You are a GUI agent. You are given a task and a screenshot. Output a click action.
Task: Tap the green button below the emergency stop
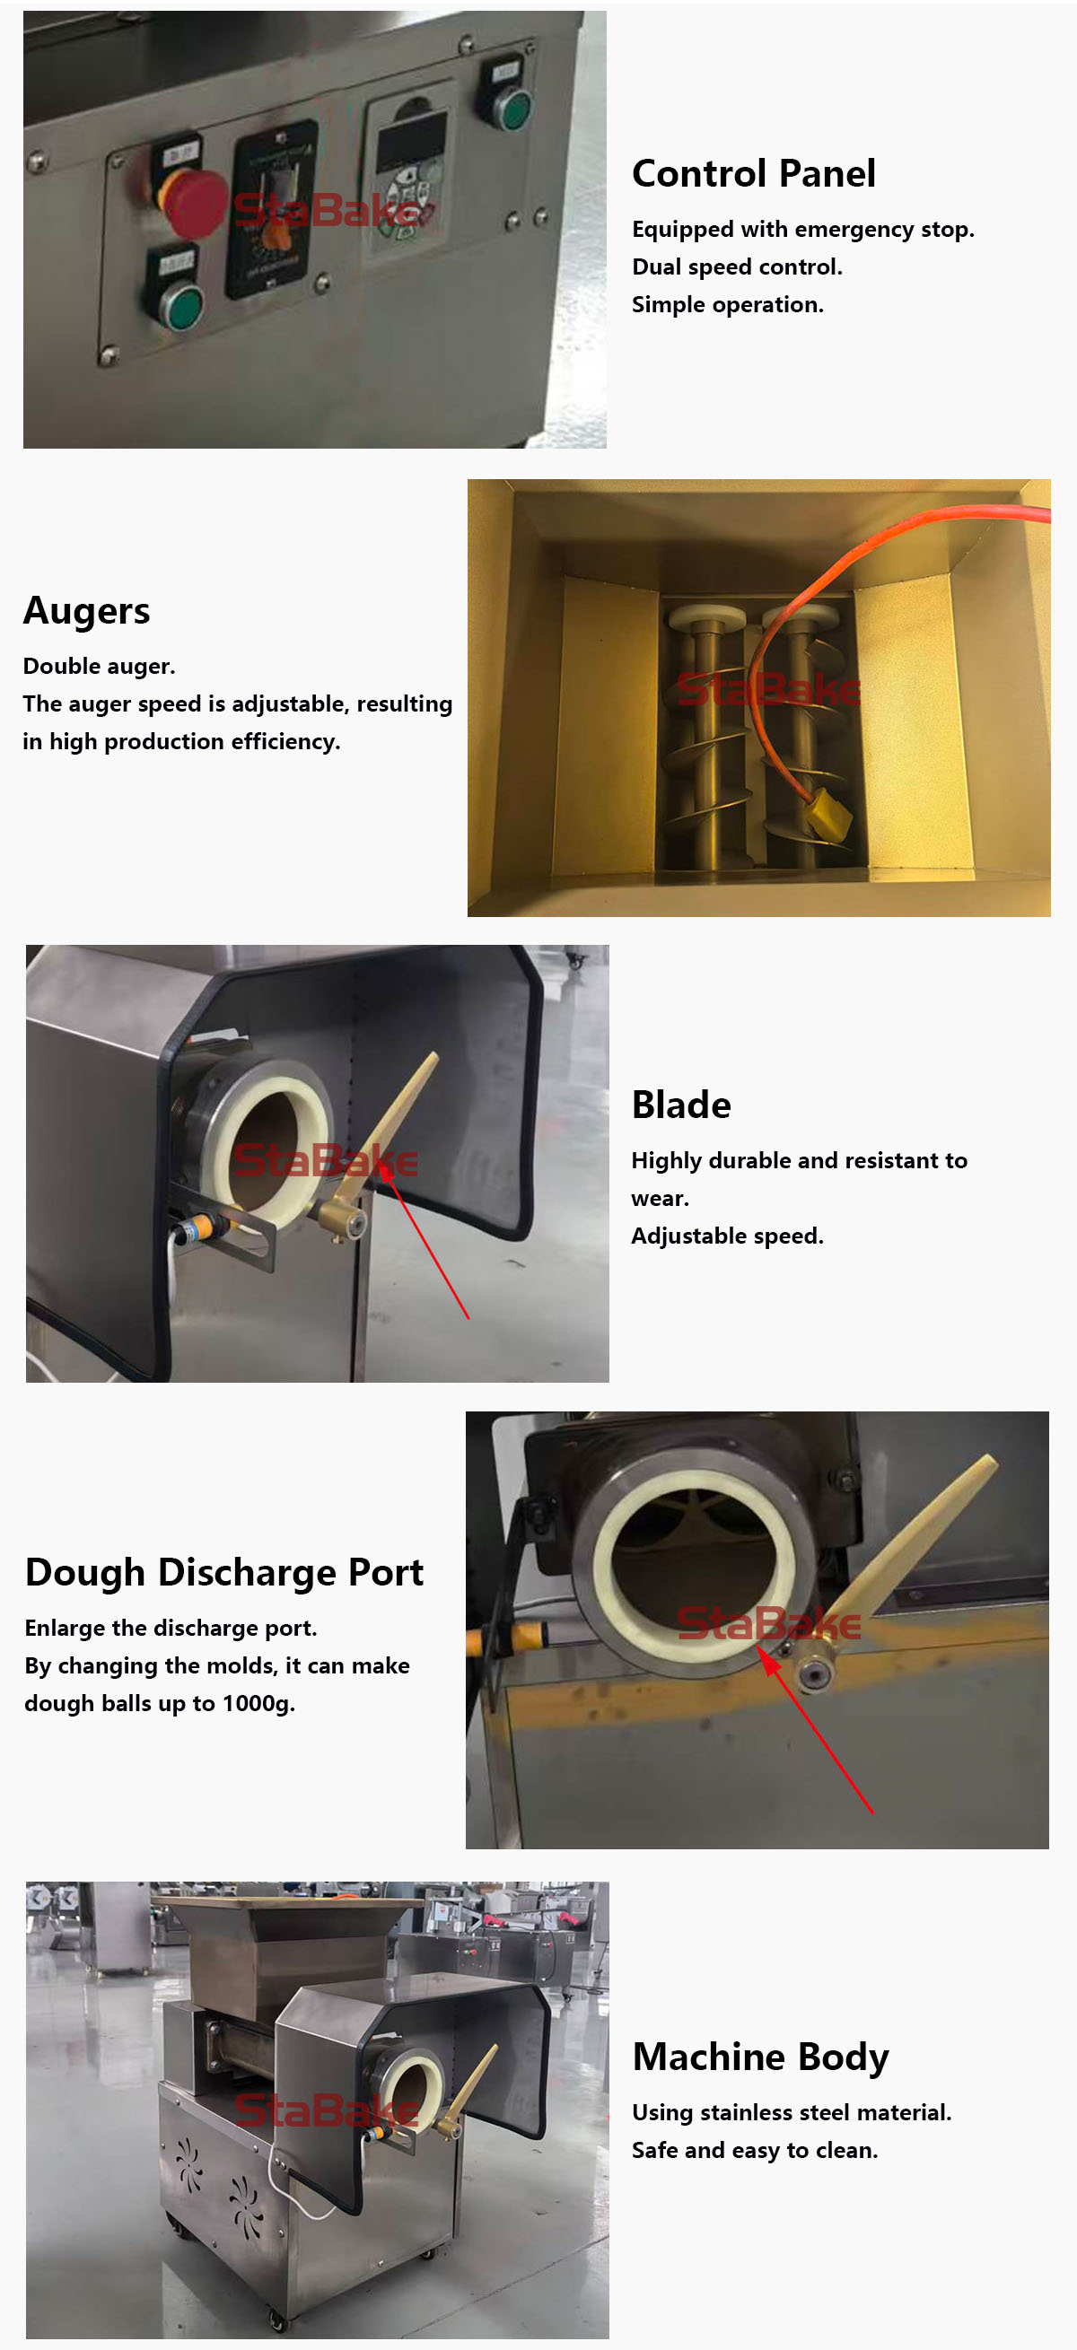tap(183, 307)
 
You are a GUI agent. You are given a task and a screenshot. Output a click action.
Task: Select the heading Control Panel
tap(753, 173)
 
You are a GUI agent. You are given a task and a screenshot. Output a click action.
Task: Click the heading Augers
tap(87, 610)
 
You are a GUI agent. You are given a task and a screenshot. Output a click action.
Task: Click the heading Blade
tap(681, 1105)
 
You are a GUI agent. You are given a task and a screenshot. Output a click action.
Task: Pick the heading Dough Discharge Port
tap(224, 1572)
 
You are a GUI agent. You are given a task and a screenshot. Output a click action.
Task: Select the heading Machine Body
tap(760, 2057)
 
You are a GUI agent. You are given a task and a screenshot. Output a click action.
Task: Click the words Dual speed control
tap(737, 266)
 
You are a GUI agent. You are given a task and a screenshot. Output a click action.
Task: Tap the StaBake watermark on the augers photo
tap(768, 690)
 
